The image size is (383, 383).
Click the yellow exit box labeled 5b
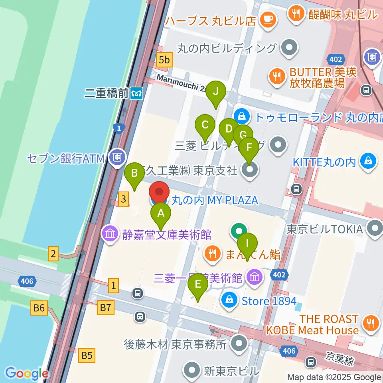164,60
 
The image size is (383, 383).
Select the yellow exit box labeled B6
39,307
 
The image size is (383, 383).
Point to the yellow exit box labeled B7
106,307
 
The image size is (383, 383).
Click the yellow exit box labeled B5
87,355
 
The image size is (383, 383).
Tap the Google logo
27,373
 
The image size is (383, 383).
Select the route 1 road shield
119,128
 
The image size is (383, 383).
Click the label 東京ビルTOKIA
325,229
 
